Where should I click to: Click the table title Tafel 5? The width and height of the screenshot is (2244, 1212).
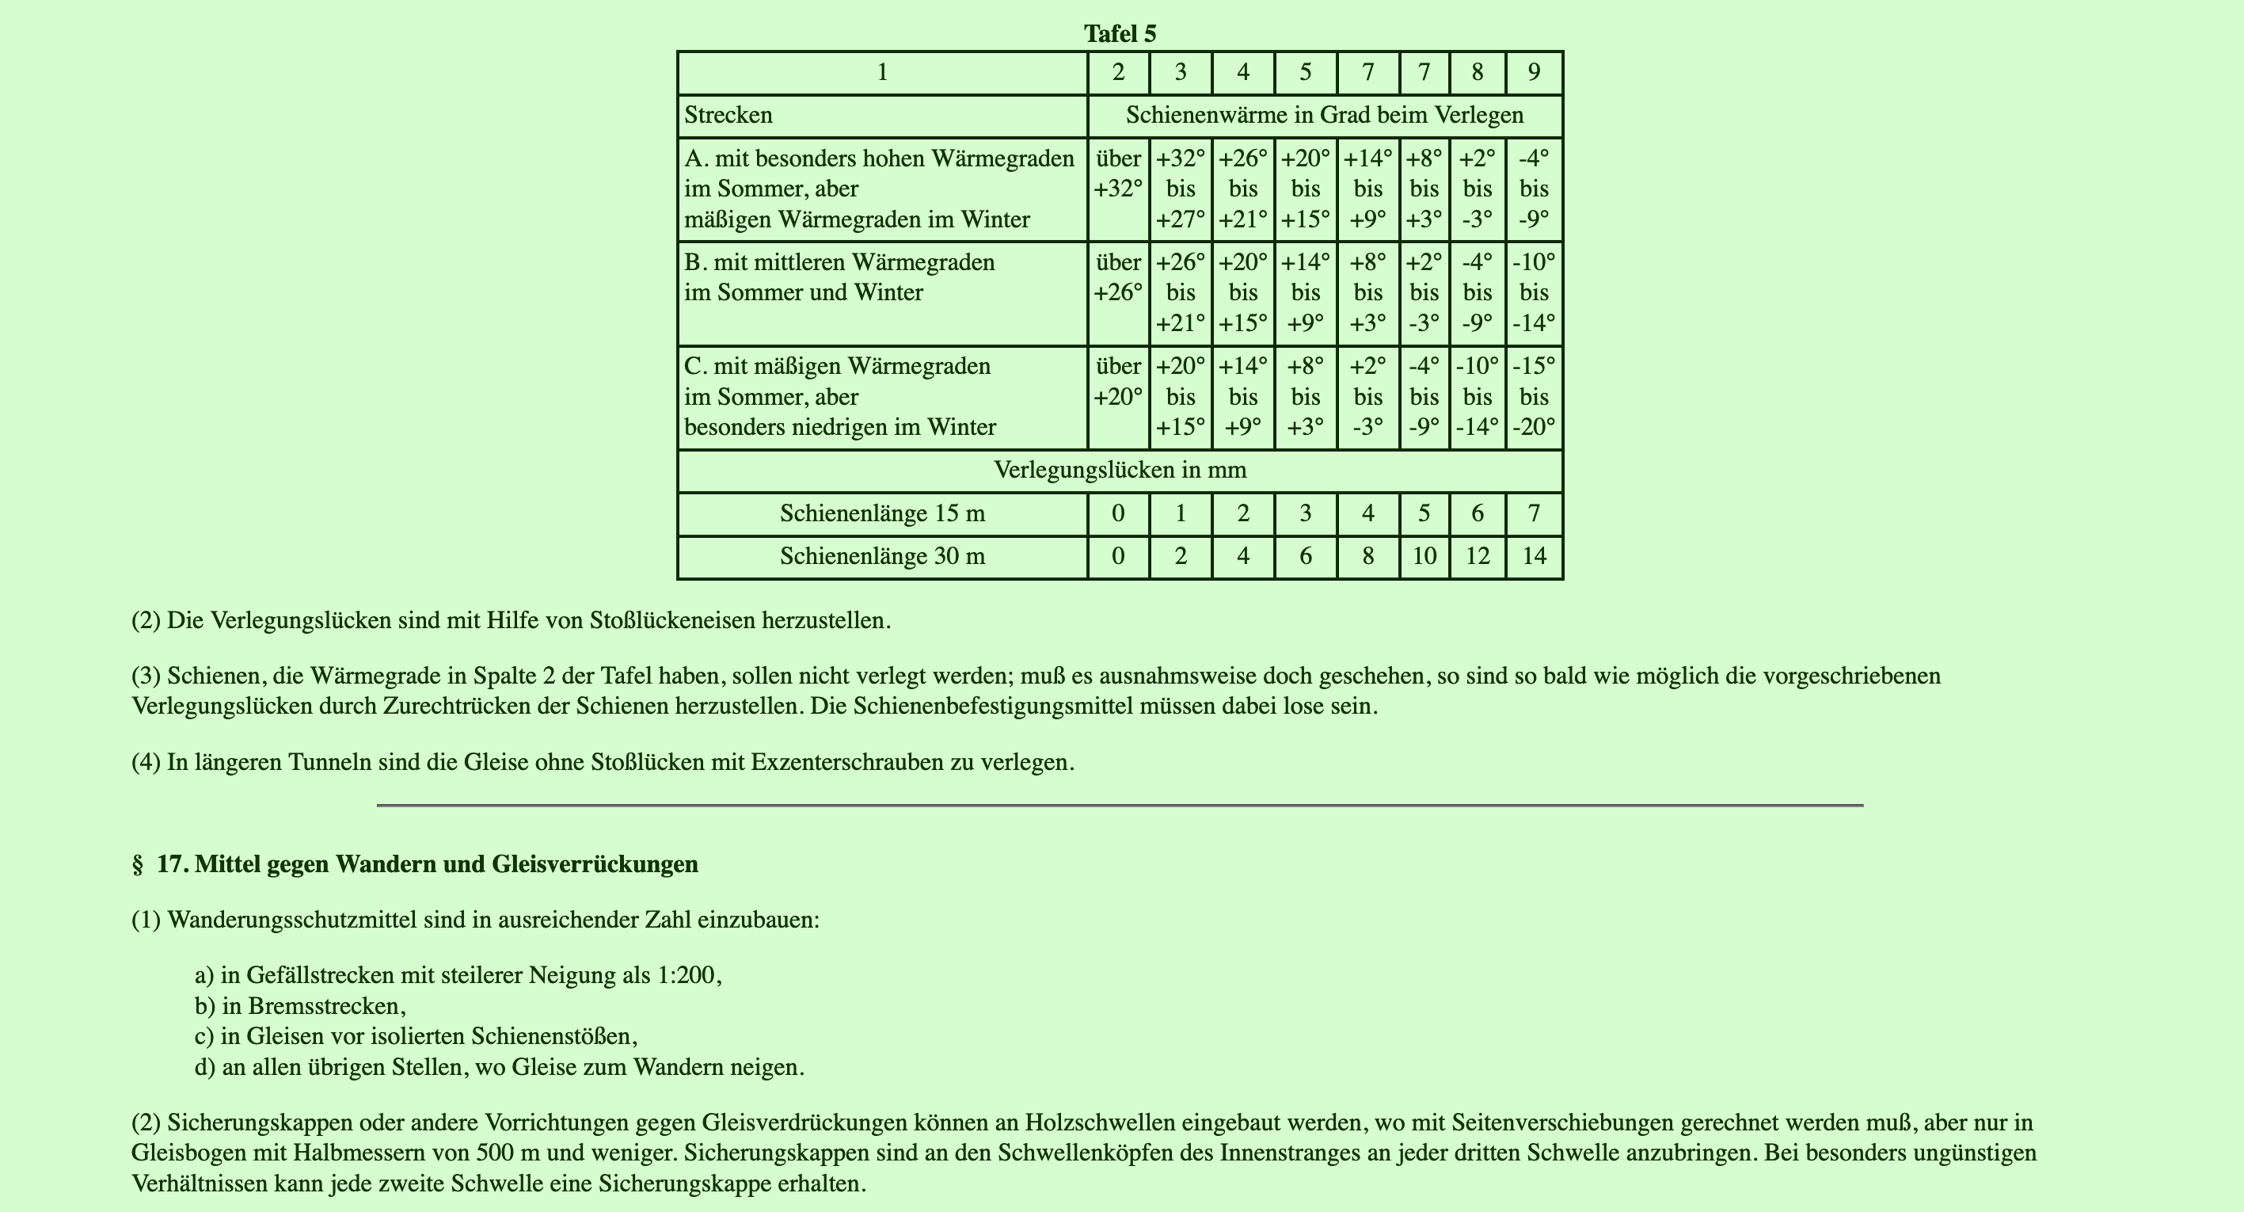[x=1120, y=34]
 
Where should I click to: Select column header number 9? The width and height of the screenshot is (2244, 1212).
[x=1533, y=72]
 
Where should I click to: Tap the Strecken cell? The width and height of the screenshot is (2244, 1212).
[x=728, y=115]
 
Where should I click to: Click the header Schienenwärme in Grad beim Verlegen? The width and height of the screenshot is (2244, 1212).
[x=1324, y=115]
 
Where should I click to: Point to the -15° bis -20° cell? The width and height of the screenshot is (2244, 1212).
[x=1533, y=396]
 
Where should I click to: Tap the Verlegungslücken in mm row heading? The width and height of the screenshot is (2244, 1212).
[x=1120, y=471]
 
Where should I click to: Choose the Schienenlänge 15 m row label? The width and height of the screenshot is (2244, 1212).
[x=881, y=513]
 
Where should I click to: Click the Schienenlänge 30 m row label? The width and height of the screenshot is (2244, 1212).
[x=881, y=556]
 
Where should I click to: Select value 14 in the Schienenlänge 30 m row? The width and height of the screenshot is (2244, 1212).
[x=1533, y=556]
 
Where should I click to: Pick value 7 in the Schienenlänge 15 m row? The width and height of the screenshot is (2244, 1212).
[x=1533, y=513]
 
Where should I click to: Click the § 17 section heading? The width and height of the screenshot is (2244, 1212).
[x=415, y=864]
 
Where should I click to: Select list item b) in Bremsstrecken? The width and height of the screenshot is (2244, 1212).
[x=301, y=1005]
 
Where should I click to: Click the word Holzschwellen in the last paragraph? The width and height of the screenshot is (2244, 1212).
[x=1097, y=1122]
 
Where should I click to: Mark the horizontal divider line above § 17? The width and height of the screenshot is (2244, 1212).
[x=1120, y=805]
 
